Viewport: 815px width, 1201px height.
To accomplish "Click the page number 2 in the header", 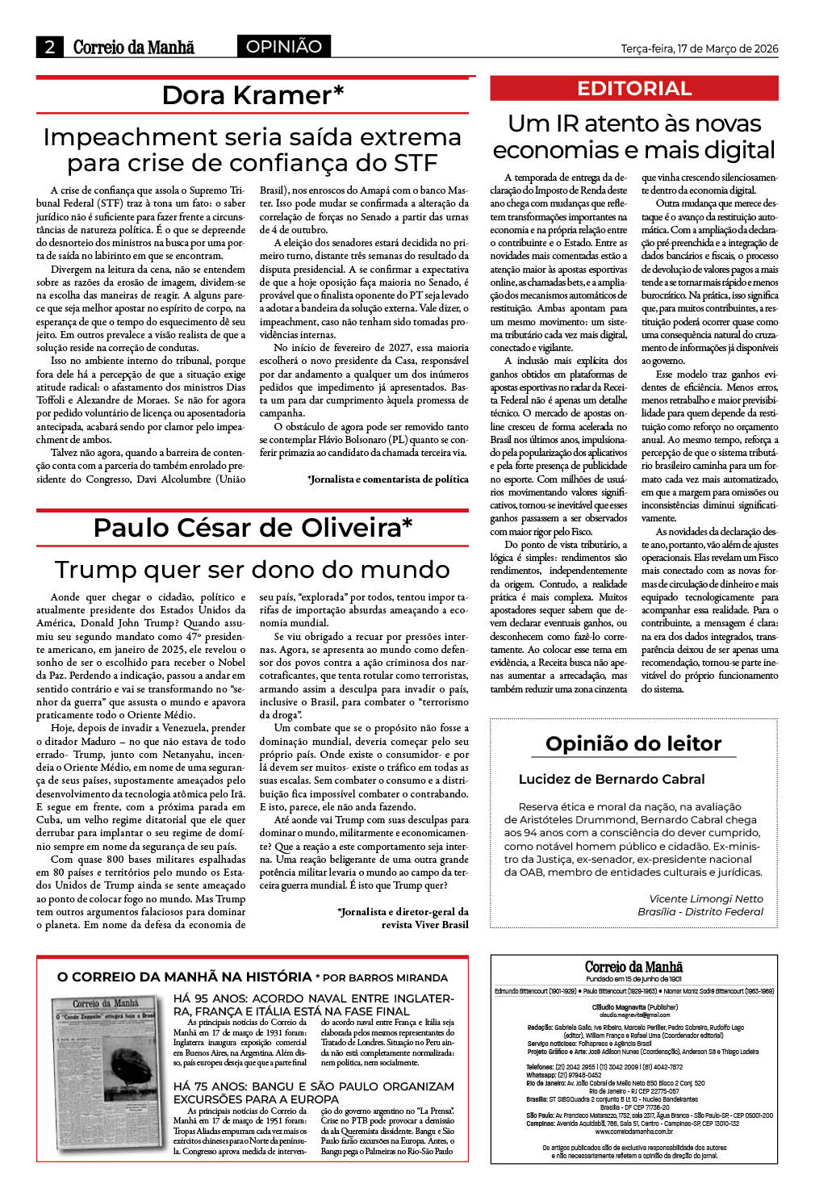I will tap(50, 47).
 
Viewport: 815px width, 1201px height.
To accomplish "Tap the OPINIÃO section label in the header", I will tap(283, 47).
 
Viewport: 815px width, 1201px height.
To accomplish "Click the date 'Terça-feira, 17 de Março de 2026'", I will tap(699, 48).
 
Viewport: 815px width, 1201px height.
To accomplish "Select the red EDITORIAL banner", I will tap(634, 89).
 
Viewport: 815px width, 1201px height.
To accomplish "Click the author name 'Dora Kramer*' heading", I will tap(253, 95).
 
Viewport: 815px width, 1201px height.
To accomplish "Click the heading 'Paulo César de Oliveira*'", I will tap(253, 528).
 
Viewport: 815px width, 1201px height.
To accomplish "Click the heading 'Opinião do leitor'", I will tap(633, 743).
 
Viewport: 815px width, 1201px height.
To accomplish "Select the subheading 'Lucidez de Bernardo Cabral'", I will tap(612, 779).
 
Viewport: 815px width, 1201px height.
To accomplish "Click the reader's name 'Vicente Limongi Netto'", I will tap(705, 898).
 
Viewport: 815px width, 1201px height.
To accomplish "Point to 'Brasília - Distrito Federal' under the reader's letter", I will tap(700, 911).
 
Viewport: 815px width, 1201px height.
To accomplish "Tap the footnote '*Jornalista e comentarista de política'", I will tap(387, 479).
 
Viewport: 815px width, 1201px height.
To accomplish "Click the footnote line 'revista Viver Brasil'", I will tap(424, 924).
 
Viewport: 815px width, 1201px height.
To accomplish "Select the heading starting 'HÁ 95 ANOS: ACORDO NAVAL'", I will tap(313, 1004).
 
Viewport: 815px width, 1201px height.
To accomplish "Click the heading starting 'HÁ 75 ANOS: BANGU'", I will tap(313, 1092).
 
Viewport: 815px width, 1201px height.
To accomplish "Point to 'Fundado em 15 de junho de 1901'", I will tap(633, 978).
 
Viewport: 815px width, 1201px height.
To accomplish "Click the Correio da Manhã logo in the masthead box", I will tap(633, 966).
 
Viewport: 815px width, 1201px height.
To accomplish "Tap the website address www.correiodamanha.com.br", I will tap(633, 1132).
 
